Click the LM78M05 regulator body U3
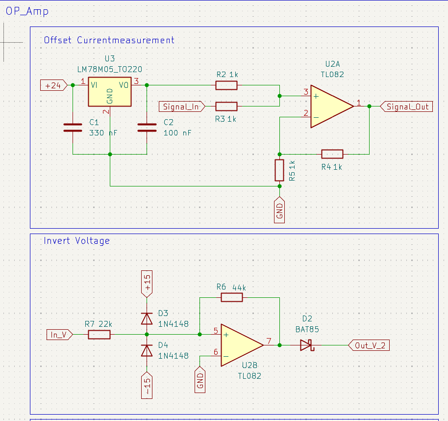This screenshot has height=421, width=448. click(x=110, y=92)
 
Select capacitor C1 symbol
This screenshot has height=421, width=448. click(x=73, y=128)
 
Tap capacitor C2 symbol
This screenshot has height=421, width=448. click(x=148, y=128)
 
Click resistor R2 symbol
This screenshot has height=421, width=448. click(x=226, y=85)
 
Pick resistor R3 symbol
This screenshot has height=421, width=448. click(x=226, y=106)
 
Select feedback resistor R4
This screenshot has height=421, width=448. click(x=332, y=154)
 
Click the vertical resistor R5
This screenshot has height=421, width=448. click(x=279, y=170)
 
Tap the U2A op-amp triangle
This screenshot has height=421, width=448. click(x=330, y=106)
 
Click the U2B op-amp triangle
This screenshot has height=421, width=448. click(x=241, y=345)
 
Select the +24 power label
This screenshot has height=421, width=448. click(x=53, y=85)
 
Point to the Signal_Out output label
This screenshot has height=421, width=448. click(x=406, y=106)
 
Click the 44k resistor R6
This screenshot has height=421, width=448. click(x=231, y=297)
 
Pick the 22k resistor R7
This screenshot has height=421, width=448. click(x=100, y=335)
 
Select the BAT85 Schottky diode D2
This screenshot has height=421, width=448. click(x=306, y=345)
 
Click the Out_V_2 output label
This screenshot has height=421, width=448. click(x=369, y=345)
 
